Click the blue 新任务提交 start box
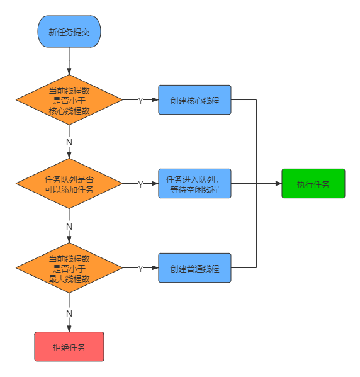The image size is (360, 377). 69,32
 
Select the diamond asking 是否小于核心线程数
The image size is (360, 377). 69,100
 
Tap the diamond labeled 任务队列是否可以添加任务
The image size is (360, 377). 69,184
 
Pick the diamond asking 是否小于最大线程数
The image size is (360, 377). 69,268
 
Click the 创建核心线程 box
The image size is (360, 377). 194,100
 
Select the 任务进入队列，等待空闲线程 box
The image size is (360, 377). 194,184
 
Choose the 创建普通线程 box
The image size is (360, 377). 194,268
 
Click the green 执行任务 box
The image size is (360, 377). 313,184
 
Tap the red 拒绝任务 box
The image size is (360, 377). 69,347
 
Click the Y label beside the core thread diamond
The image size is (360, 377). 140,100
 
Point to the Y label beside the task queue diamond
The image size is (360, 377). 140,184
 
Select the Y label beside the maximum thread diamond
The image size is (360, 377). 140,268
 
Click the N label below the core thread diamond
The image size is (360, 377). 69,142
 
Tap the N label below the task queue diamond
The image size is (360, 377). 69,226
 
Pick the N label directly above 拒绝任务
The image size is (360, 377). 69,313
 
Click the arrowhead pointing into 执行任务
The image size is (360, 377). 278,184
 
